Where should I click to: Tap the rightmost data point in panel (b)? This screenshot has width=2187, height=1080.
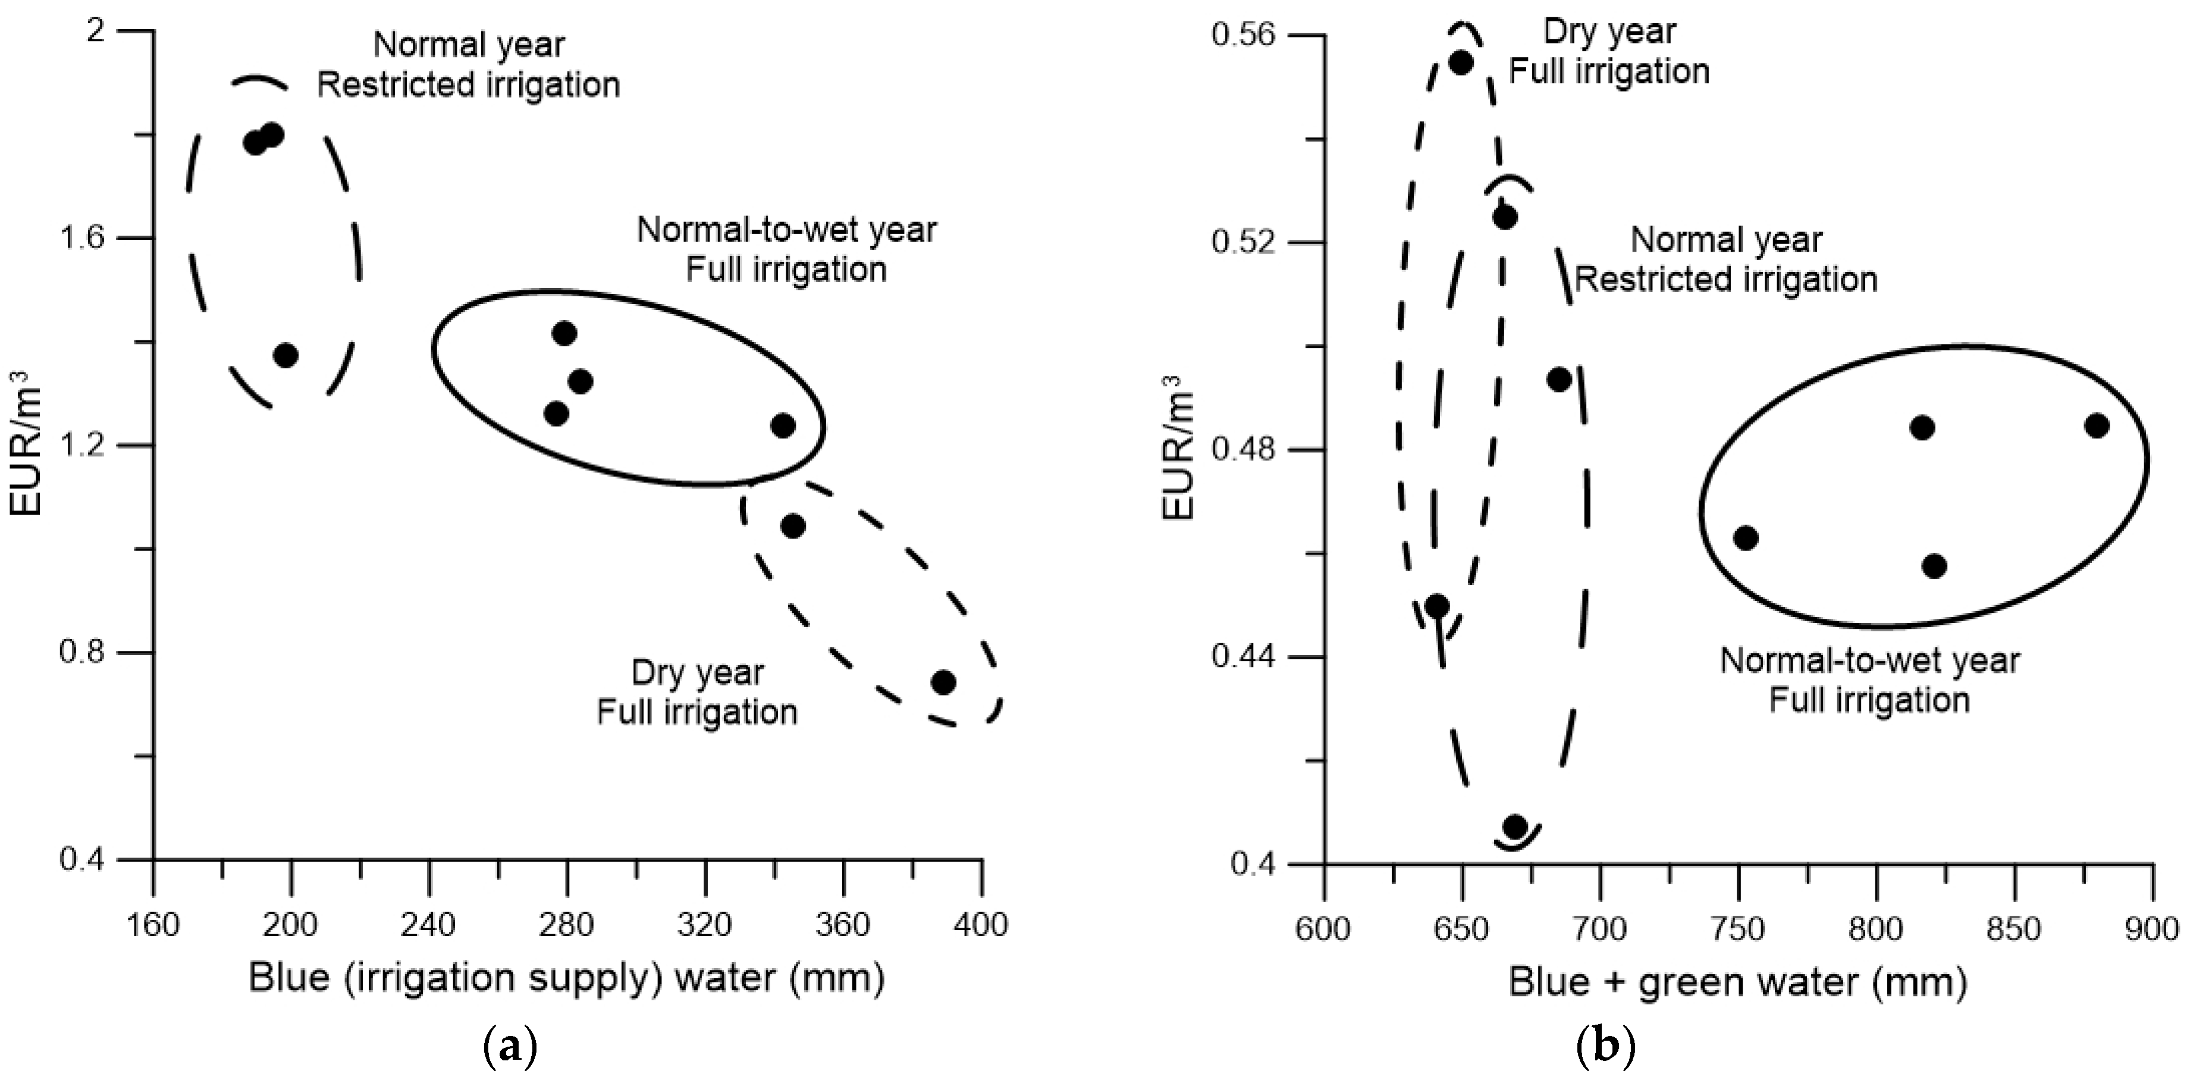tap(2096, 425)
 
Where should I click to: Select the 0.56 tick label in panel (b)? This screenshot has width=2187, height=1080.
tap(1243, 35)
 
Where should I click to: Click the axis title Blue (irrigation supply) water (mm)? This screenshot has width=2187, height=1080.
tap(566, 978)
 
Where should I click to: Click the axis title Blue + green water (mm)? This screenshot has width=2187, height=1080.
tap(1737, 982)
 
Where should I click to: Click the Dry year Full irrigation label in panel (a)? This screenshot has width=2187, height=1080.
tap(697, 693)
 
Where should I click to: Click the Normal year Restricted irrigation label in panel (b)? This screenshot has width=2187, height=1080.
tap(1726, 260)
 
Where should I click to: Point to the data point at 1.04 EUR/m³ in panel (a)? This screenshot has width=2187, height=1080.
tap(792, 527)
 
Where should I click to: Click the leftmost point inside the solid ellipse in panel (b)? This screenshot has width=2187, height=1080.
tap(1746, 537)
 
